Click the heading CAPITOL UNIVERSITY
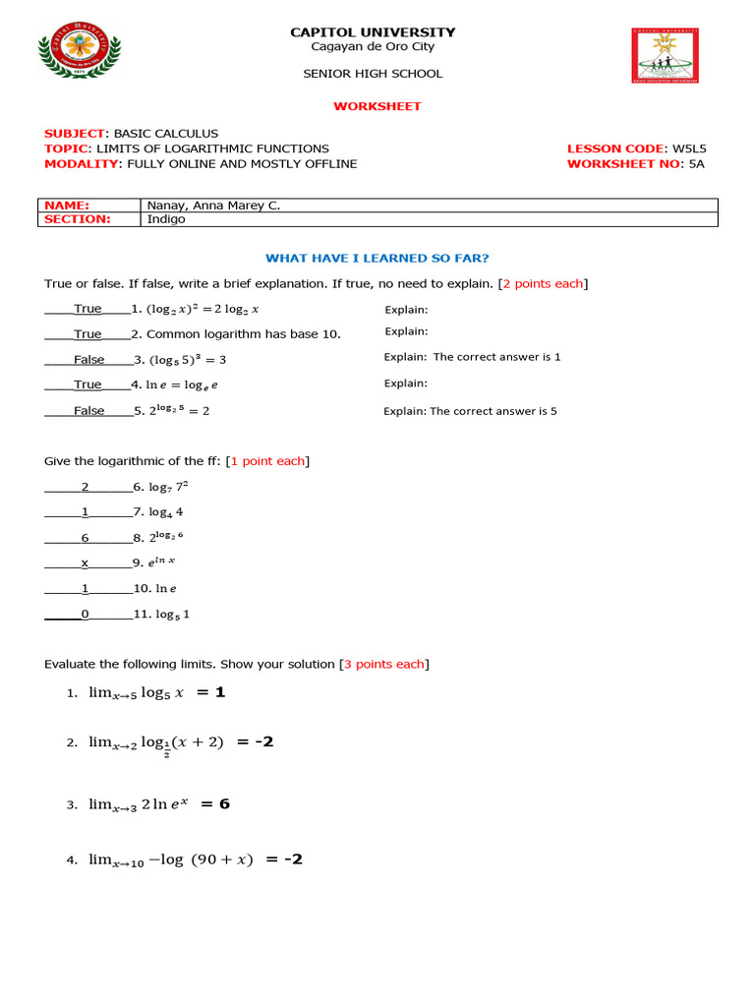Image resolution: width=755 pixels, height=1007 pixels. (x=373, y=32)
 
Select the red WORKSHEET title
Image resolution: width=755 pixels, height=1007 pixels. (x=377, y=106)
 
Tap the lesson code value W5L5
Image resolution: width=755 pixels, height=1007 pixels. (x=689, y=148)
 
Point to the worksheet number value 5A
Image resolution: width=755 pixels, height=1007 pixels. (x=696, y=164)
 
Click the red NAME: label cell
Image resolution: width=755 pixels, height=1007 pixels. (x=67, y=206)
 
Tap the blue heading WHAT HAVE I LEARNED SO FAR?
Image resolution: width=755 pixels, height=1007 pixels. (x=377, y=258)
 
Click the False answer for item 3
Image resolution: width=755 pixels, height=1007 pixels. (x=88, y=360)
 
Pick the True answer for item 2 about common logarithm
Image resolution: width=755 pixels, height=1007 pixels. (x=87, y=334)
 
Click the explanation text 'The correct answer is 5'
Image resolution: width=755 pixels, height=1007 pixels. (x=493, y=411)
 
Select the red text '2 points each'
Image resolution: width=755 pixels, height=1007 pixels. (x=543, y=283)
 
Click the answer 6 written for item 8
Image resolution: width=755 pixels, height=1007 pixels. (x=86, y=538)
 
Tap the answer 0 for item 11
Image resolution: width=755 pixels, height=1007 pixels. (x=86, y=615)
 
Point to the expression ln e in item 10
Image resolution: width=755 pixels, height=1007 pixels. (x=166, y=589)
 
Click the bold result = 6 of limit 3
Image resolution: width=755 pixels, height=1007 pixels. (x=214, y=803)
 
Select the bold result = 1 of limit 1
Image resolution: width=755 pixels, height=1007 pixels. (x=210, y=692)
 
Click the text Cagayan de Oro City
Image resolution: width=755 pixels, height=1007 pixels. (x=373, y=47)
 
